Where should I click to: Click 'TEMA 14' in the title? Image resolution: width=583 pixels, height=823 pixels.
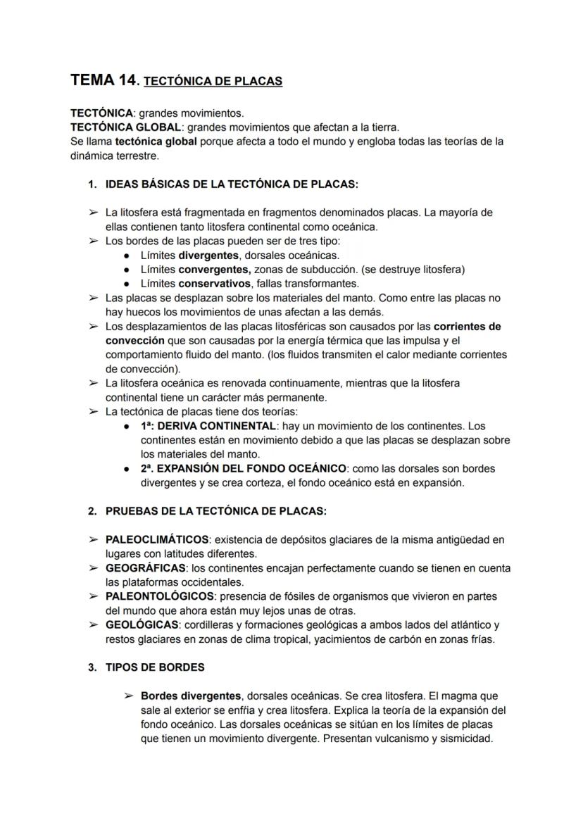pos(102,80)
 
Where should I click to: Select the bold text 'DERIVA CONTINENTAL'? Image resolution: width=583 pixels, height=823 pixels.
pos(218,426)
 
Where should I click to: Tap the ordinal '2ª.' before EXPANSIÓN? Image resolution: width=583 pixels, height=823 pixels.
pos(147,468)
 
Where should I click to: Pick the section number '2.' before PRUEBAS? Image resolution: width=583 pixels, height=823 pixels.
pos(92,510)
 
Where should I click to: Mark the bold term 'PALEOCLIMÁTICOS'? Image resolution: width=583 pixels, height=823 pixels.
pos(157,539)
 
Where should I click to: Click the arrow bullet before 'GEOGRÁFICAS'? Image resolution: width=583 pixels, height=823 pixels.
pos(93,567)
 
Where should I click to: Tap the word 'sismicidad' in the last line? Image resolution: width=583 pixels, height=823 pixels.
pos(465,739)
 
